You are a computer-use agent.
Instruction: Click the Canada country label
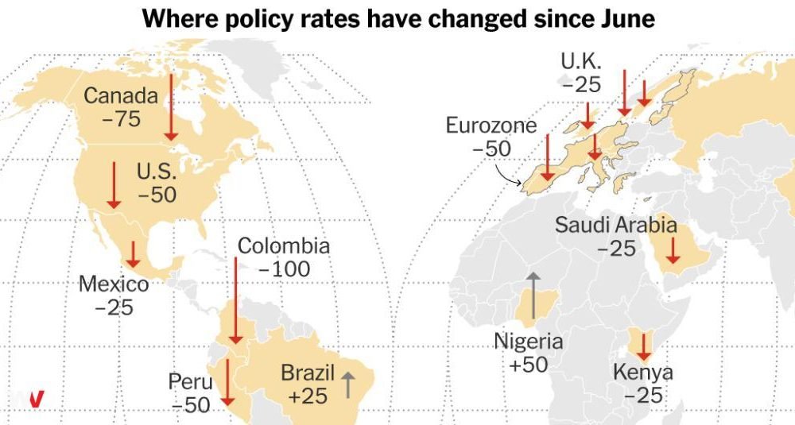coord(121,95)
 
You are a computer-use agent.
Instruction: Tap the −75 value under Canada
coord(121,119)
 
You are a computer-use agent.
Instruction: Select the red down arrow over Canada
coord(172,107)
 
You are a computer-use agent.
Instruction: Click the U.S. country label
coord(157,172)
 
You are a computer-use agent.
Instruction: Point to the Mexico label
coord(114,284)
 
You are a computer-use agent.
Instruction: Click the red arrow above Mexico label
coord(133,254)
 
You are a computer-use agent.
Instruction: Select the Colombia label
coord(284,245)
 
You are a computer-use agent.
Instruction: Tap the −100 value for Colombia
coord(285,269)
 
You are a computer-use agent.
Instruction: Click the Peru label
coord(190,381)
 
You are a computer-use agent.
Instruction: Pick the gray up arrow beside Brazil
coord(348,384)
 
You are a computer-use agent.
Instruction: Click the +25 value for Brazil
coord(307,396)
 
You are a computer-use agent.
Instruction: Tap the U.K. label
coord(581,61)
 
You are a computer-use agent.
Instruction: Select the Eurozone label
coord(491,126)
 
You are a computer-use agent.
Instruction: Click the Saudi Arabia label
coord(615,224)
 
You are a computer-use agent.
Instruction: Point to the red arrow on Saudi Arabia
coord(673,250)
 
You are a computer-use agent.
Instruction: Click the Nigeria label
coord(529,341)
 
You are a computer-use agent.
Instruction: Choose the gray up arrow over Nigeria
coord(533,296)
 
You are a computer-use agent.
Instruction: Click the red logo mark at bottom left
coord(36,399)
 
